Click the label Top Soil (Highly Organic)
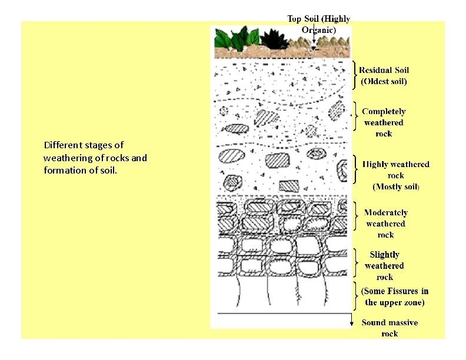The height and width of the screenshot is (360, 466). point(318,24)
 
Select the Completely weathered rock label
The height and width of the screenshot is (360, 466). point(384,122)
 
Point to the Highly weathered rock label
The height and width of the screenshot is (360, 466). point(395,175)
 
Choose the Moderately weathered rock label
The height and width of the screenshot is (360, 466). point(385,224)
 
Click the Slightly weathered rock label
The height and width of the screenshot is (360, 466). point(384,266)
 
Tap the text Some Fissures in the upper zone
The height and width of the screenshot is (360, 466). point(395,296)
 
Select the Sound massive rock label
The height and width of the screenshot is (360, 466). point(390,328)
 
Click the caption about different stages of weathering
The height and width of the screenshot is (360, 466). point(95,158)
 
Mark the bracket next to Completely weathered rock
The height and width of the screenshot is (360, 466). point(355,116)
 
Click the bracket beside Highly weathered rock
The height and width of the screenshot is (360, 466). point(355,170)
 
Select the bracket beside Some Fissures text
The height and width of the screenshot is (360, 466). point(355,295)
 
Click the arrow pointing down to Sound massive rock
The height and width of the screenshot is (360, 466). point(351,321)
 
